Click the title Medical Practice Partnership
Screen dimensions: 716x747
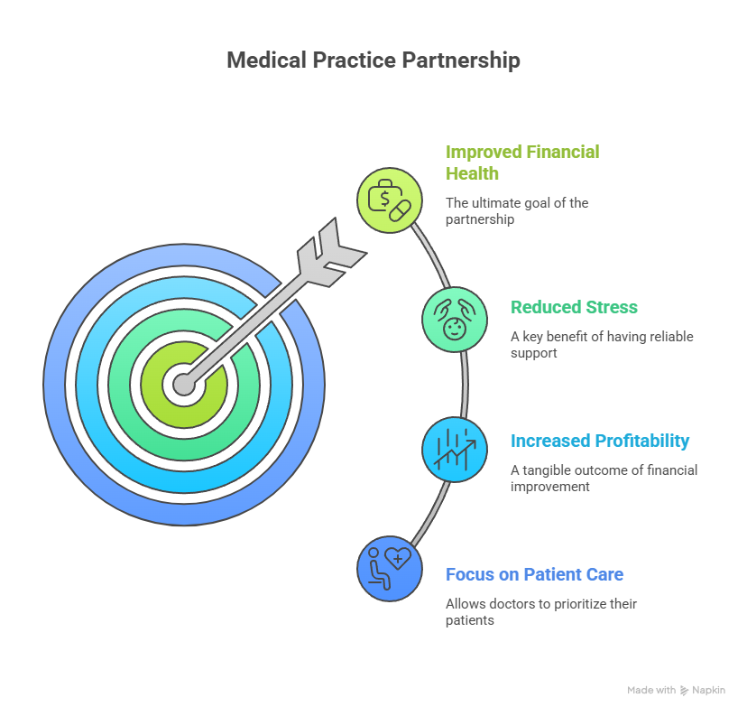(373, 60)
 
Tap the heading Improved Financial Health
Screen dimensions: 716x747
(522, 162)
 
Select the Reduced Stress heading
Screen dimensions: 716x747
(574, 307)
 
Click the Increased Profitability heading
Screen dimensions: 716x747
(599, 441)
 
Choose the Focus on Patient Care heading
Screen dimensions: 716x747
(534, 574)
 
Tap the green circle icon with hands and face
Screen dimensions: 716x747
(455, 319)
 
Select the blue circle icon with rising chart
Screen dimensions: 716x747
(455, 450)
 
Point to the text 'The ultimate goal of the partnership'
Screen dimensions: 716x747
(517, 210)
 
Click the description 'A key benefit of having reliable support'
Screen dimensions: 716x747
(601, 345)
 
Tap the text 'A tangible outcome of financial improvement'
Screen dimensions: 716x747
(604, 478)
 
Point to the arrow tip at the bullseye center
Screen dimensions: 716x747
(184, 385)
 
